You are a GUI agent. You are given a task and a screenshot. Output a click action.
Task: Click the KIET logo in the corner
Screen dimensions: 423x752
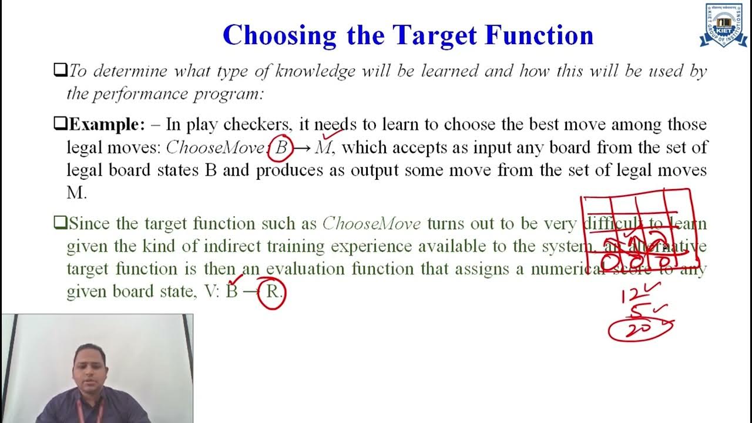(x=723, y=25)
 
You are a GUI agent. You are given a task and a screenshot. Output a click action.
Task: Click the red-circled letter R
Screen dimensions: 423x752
(x=273, y=291)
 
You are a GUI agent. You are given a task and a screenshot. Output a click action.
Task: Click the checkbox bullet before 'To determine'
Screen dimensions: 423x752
(x=60, y=71)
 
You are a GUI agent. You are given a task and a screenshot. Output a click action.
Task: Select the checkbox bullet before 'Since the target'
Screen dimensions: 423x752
(x=60, y=223)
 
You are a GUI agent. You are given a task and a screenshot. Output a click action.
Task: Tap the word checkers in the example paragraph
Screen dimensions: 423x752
(x=257, y=125)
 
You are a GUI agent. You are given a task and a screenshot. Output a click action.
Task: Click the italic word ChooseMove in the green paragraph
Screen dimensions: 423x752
(x=371, y=224)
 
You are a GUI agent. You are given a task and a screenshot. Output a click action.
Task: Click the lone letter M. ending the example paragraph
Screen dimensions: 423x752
(x=76, y=192)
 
